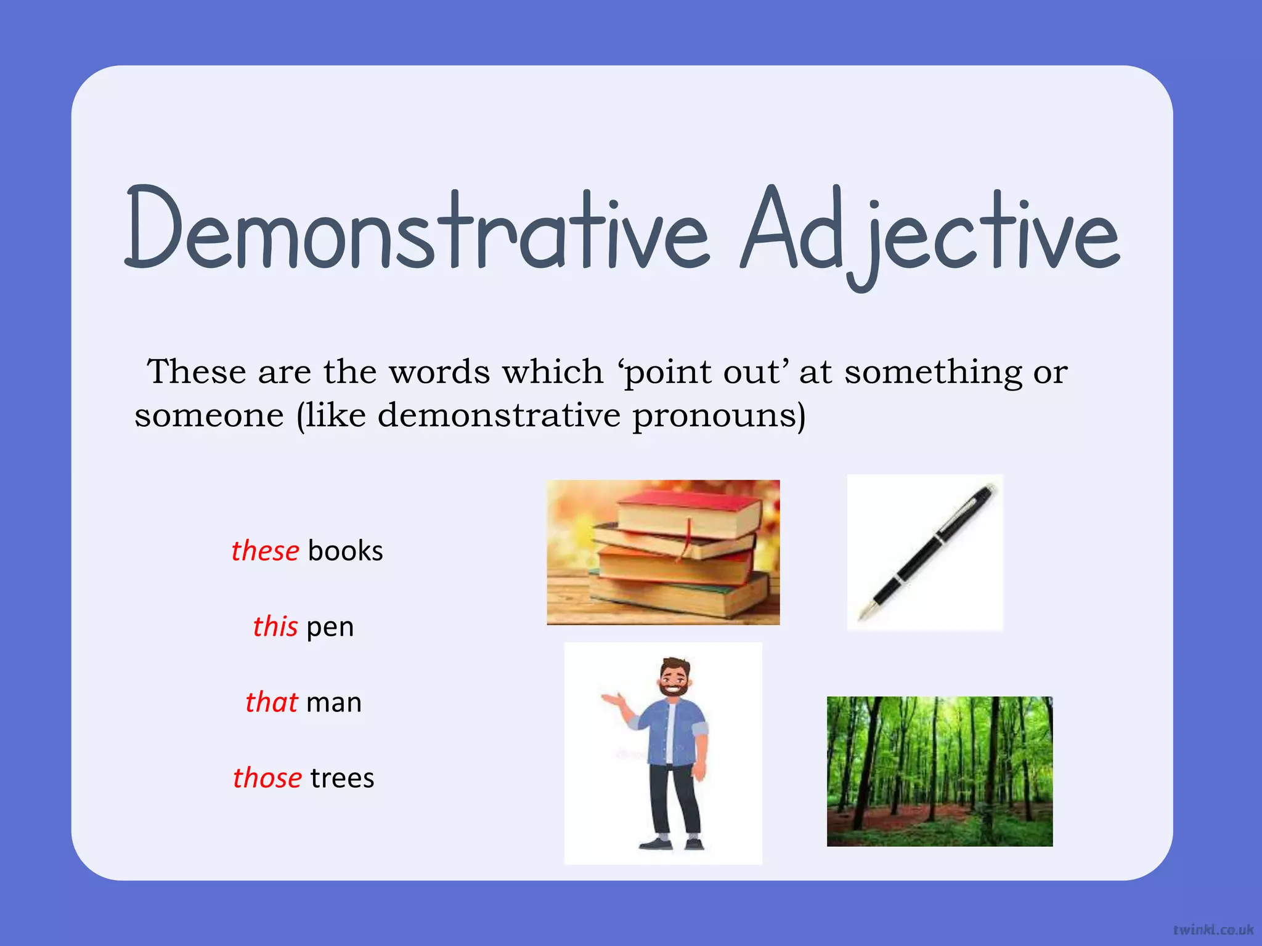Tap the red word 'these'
(x=265, y=551)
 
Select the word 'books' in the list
(x=345, y=551)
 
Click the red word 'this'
(x=275, y=626)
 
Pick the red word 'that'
(x=271, y=702)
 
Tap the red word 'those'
(x=267, y=778)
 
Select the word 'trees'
(x=342, y=778)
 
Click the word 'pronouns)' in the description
(x=719, y=416)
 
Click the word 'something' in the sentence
(x=932, y=373)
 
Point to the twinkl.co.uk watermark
(x=1213, y=929)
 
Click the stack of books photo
(x=663, y=552)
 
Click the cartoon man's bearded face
(x=673, y=681)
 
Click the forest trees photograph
(x=939, y=771)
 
